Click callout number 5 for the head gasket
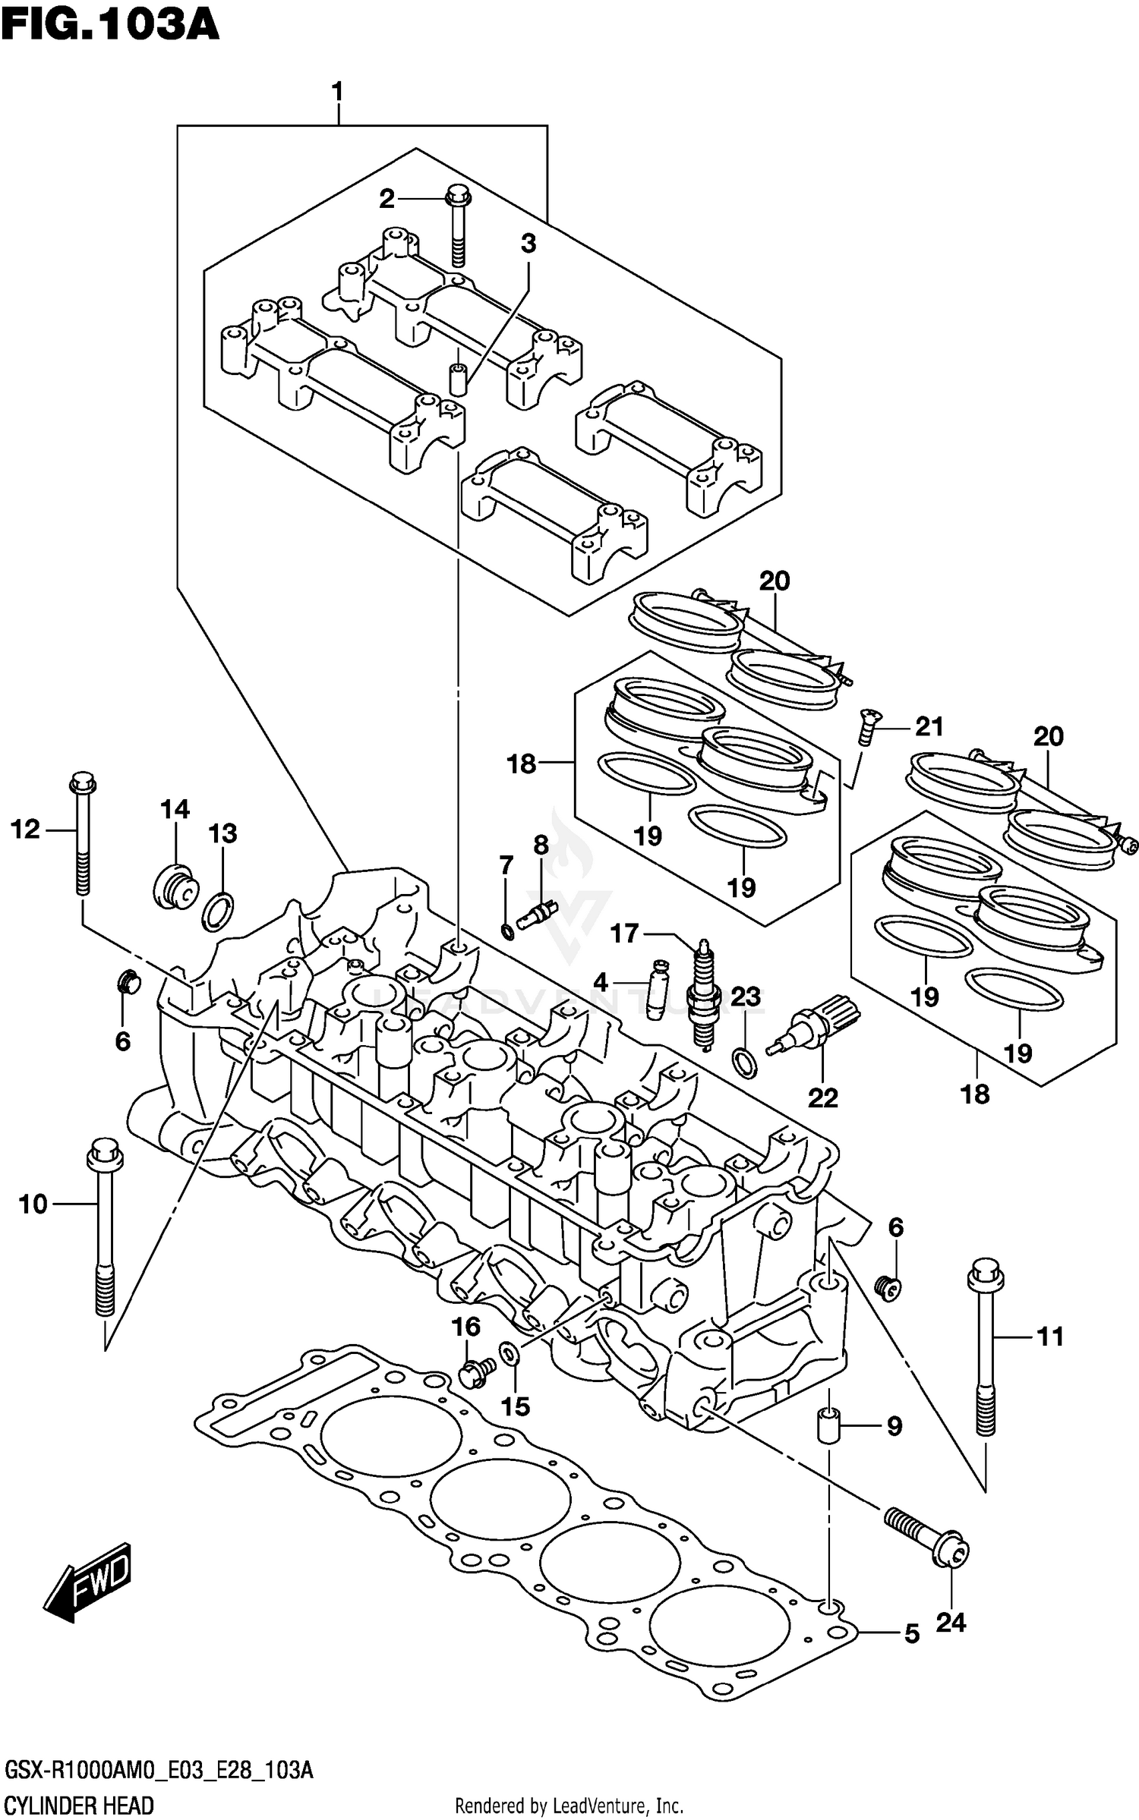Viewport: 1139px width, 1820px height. pos(912,1634)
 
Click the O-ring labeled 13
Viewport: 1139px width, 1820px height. pos(218,912)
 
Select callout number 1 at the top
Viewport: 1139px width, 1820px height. pos(337,92)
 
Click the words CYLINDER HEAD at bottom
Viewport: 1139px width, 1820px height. pos(79,1805)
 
